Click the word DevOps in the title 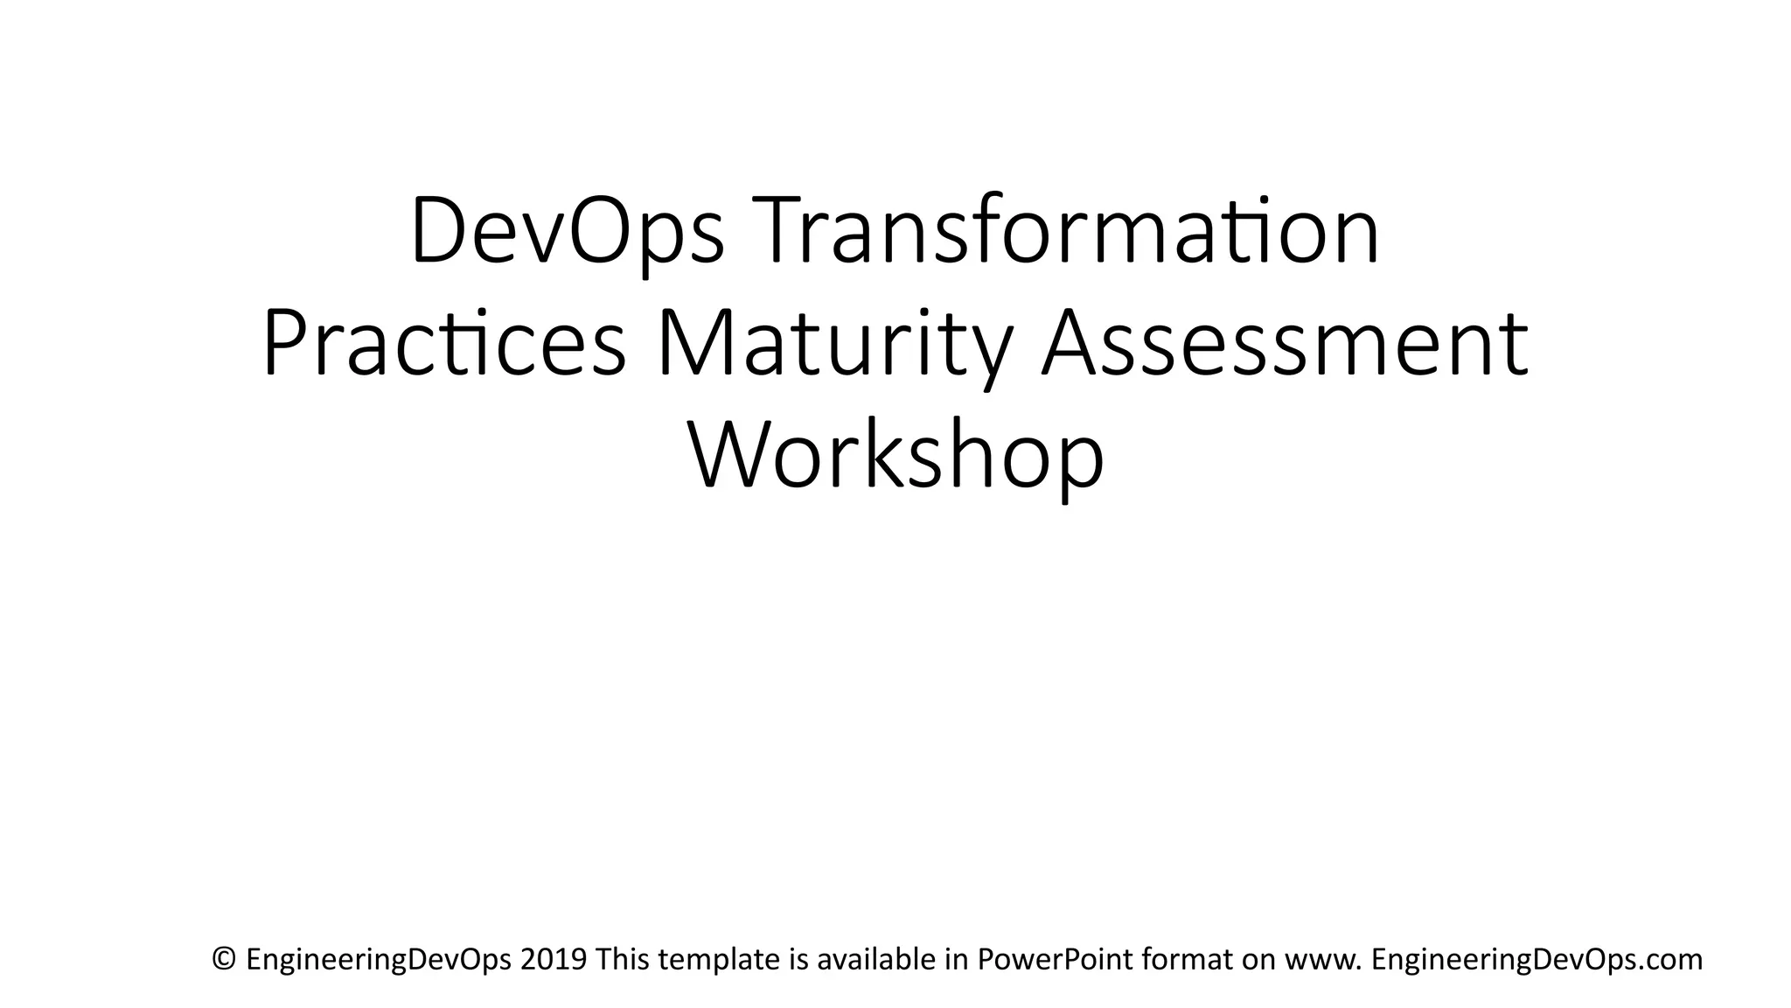click(567, 230)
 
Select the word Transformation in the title click(1062, 230)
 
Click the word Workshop click(896, 457)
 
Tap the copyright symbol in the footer click(225, 959)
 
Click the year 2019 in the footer click(553, 959)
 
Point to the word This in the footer click(623, 959)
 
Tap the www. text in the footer click(1323, 959)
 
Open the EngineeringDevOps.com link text click(1537, 960)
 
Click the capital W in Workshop click(732, 457)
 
